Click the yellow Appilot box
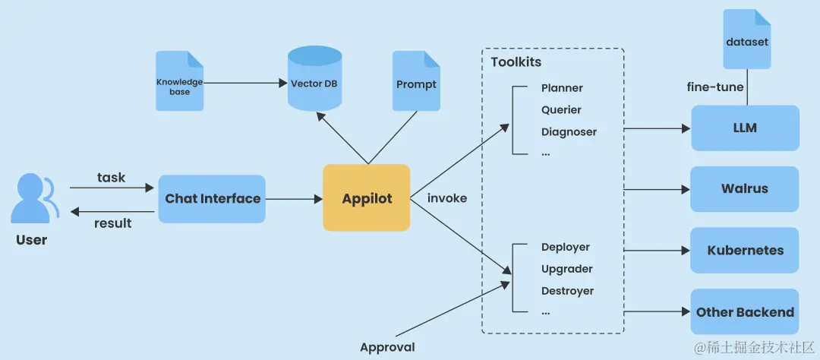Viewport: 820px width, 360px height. (x=367, y=198)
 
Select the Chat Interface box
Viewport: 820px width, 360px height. (x=212, y=199)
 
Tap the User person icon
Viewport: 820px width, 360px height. (x=33, y=200)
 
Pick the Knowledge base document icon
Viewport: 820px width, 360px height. (x=180, y=81)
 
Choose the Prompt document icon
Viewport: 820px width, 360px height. (x=416, y=81)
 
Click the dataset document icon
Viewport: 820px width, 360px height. (x=746, y=39)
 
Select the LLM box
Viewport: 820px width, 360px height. (x=745, y=128)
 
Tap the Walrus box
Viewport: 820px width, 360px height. (x=745, y=189)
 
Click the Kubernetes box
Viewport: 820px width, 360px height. (x=745, y=251)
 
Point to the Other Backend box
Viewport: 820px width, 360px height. (x=745, y=312)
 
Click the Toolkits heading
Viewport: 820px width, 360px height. (x=516, y=62)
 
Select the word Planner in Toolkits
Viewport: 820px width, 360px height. (x=562, y=88)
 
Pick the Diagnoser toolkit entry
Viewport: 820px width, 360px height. (x=569, y=132)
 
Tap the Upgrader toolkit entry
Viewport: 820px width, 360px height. (x=566, y=269)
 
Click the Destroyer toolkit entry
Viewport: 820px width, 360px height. (x=567, y=291)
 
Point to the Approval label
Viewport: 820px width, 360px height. (x=387, y=347)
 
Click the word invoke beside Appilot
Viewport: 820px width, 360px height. (x=447, y=198)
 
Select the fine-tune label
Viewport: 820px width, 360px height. (x=715, y=87)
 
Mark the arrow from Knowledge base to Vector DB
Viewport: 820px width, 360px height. (x=243, y=81)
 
